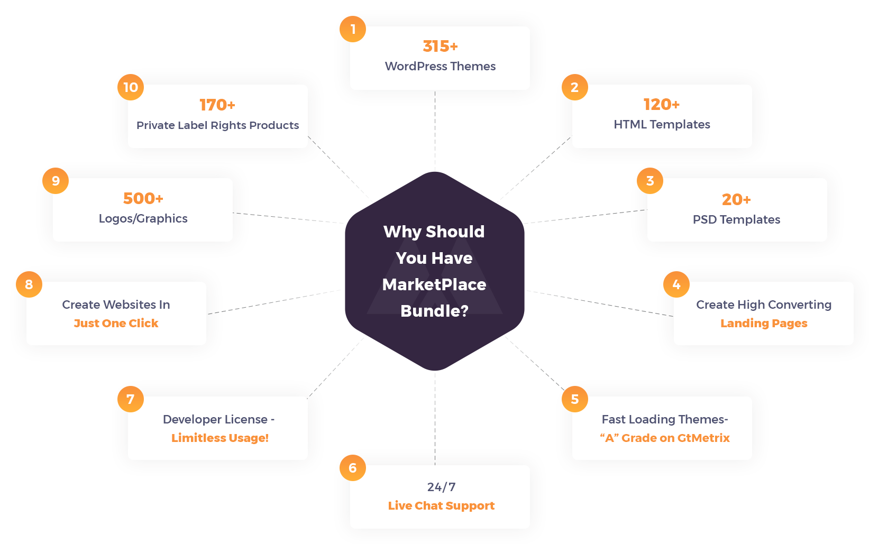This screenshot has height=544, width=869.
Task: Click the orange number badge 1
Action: coord(353,29)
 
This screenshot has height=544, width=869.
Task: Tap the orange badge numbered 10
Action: coord(131,87)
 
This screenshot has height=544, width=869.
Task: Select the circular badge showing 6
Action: coord(353,468)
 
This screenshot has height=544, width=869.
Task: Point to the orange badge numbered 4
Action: coord(676,285)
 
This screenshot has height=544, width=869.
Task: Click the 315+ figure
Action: coord(440,47)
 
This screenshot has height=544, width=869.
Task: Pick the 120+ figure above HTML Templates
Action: coord(661,105)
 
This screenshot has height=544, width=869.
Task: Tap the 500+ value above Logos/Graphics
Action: coord(143,199)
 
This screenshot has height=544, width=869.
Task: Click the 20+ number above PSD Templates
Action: coord(736,200)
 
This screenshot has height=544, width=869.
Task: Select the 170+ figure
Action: coord(217,105)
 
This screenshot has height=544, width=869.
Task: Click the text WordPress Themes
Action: coord(440,67)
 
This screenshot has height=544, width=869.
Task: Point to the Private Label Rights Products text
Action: coord(217,125)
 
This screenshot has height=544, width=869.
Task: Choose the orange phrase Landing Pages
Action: coord(764,324)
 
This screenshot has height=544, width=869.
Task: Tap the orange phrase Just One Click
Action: coord(116,324)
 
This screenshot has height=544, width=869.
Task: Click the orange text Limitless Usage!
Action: coord(219,438)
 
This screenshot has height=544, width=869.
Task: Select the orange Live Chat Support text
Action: coord(441,506)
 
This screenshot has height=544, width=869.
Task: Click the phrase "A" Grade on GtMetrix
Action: coord(665,438)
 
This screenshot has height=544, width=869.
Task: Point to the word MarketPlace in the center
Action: coord(434,285)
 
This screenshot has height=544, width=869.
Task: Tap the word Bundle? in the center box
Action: coord(434,311)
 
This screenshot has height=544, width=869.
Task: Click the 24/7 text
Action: coord(441,487)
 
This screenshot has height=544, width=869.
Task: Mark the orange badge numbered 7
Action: coord(131,399)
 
